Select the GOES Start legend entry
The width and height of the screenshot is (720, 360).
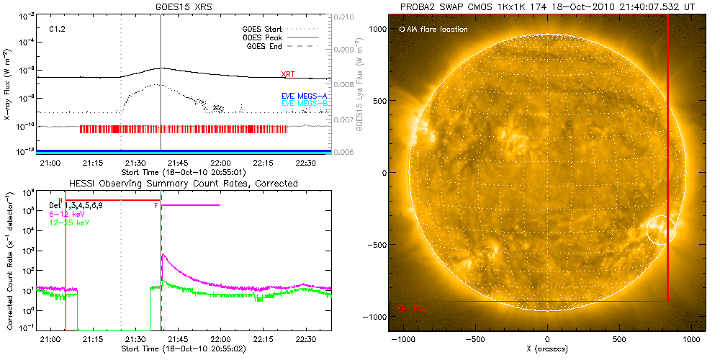point(264,30)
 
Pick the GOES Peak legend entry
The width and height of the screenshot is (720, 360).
point(264,37)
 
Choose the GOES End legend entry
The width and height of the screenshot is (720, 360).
point(266,46)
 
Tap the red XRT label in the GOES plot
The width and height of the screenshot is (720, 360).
point(288,74)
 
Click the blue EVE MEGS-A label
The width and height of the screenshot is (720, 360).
point(303,96)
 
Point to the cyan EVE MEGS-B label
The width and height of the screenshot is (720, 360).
point(303,104)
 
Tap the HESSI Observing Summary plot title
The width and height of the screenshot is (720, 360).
point(183,184)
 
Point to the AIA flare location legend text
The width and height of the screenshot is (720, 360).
point(436,30)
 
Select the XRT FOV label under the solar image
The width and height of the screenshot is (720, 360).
point(412,308)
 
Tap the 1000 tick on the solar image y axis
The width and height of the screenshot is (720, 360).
point(375,27)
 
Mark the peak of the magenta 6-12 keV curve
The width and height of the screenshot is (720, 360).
point(163,254)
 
